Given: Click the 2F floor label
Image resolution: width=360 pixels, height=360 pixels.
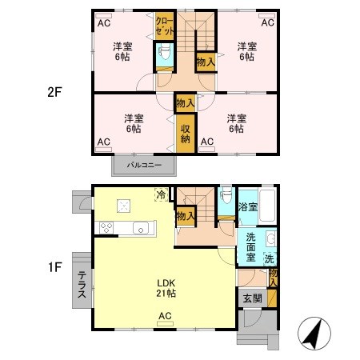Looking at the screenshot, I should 54,91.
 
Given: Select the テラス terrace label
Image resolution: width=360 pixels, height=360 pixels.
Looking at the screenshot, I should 82,284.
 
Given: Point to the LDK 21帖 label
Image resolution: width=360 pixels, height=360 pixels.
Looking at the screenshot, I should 166,288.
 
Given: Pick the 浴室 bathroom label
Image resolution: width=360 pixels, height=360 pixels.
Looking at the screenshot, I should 247,207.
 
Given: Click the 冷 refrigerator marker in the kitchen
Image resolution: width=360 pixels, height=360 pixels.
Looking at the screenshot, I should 161,194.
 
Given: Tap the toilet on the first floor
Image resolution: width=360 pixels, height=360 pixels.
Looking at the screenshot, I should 226,197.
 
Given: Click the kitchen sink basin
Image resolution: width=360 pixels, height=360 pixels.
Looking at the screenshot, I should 142,228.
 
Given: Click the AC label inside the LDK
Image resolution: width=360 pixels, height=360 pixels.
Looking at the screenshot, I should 166,316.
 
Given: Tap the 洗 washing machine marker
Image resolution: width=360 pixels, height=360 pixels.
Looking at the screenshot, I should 270,258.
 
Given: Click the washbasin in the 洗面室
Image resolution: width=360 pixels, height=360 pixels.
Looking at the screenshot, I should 270,239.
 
